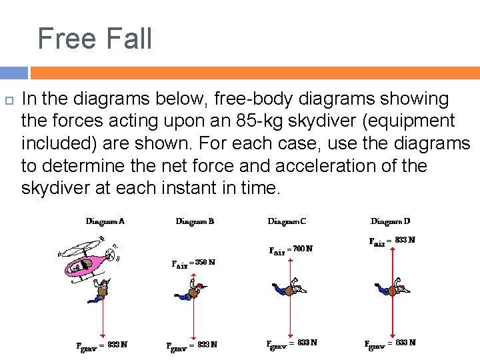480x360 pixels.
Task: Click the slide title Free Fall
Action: click(95, 38)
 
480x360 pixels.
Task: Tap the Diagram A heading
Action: click(105, 221)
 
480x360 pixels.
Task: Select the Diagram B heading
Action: click(195, 221)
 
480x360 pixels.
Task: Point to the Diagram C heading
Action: click(287, 221)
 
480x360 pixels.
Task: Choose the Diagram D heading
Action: click(391, 221)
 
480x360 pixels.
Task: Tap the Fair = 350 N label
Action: click(193, 263)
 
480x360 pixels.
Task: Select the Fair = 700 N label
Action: click(290, 250)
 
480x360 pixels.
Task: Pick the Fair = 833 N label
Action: click(392, 241)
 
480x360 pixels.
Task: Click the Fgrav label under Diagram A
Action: click(102, 345)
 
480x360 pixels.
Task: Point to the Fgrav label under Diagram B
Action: click(192, 345)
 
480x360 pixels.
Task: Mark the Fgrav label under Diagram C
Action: click(292, 343)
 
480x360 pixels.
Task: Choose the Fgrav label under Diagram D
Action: click(391, 343)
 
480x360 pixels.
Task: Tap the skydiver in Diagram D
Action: click(393, 289)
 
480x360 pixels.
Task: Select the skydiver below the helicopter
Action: click(102, 291)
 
